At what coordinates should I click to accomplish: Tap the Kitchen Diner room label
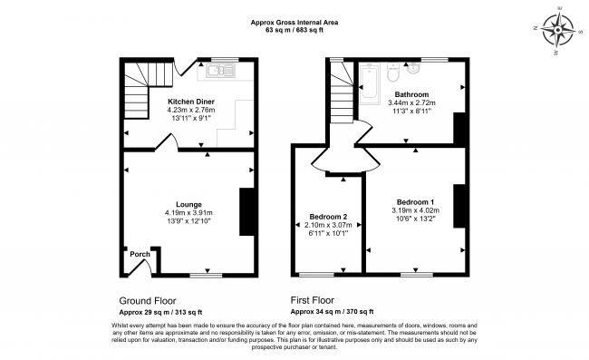click(191, 102)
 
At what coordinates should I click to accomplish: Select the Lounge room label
click(189, 204)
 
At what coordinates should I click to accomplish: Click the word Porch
click(140, 255)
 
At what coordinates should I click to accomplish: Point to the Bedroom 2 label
click(328, 217)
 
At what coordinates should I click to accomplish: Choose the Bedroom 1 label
click(415, 202)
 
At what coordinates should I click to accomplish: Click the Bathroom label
click(411, 94)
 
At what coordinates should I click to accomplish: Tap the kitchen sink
click(220, 71)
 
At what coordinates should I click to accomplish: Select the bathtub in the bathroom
click(370, 83)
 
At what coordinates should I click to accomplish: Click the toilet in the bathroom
click(393, 72)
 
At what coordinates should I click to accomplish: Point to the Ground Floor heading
click(147, 301)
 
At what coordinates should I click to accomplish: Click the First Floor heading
click(312, 300)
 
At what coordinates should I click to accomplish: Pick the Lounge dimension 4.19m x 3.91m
click(188, 213)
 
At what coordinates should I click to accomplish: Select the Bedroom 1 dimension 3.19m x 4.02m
click(415, 210)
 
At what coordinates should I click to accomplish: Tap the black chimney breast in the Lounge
click(246, 211)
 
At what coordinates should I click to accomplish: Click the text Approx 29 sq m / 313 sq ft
click(160, 312)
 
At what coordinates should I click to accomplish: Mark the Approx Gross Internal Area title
click(294, 23)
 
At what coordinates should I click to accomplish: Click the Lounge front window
click(206, 276)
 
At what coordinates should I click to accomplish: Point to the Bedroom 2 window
click(316, 275)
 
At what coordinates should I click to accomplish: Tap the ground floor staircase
click(147, 90)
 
